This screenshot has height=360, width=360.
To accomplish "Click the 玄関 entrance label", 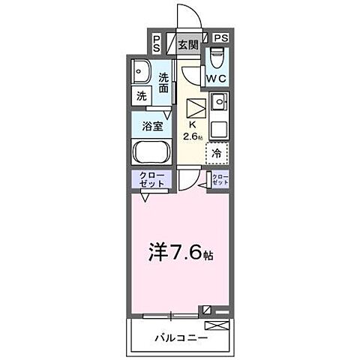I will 187,45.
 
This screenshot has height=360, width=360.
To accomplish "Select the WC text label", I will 217,78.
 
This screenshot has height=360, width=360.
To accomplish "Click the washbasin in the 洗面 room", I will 140,73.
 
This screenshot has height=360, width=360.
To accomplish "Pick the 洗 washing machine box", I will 141,96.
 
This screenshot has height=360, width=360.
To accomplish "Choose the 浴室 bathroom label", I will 152,125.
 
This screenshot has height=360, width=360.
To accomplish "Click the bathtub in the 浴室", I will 152,153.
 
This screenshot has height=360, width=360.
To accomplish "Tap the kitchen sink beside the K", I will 218,103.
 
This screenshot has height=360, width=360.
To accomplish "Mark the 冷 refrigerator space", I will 217,153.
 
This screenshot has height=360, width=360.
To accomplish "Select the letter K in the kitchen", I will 192,124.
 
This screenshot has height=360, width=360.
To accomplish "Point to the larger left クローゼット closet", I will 152,180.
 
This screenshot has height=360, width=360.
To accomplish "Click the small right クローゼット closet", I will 220,180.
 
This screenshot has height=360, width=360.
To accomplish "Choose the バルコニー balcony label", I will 181,337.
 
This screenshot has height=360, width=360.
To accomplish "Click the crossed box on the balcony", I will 217,325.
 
